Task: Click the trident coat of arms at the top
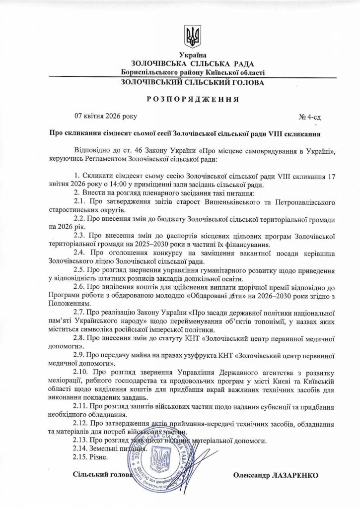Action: [x=192, y=36]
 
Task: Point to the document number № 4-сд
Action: [x=310, y=118]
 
